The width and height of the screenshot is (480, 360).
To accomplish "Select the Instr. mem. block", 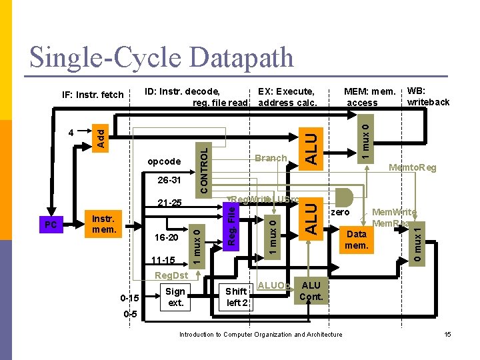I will click(104, 225).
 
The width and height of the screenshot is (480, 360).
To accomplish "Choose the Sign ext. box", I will click(175, 297).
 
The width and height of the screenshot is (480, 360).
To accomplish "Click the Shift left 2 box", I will click(237, 297).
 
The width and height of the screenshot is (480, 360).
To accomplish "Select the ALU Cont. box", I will click(311, 291).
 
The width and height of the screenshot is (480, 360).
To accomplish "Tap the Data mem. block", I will click(357, 240).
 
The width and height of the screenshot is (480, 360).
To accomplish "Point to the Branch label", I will click(270, 159).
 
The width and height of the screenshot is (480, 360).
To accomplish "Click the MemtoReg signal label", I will click(413, 168).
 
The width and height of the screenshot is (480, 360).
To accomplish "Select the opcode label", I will click(164, 161).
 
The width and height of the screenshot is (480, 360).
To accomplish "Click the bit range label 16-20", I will click(167, 237).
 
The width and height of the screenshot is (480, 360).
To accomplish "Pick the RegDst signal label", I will click(169, 276).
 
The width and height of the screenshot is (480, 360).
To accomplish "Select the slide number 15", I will click(448, 334).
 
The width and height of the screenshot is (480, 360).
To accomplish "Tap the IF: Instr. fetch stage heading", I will click(93, 95).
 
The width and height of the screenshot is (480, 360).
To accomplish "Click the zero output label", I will click(340, 212).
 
